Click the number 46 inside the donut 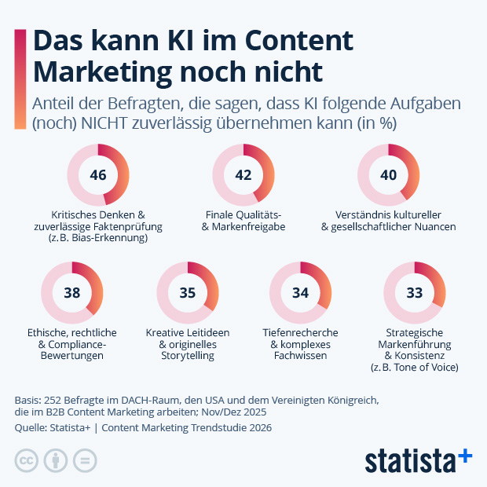tap(98, 175)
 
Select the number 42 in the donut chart tap(243, 175)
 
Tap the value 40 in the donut tap(388, 175)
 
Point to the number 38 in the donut tap(71, 293)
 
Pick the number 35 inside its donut tap(187, 293)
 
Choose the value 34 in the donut tap(300, 293)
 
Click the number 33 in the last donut tap(414, 293)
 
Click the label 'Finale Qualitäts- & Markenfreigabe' tap(243, 221)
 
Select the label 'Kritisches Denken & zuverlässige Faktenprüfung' tap(98, 226)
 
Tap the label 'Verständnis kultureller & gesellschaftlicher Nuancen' tap(388, 221)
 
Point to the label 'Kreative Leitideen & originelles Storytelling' tap(187, 344)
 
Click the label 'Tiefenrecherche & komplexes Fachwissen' tap(300, 344)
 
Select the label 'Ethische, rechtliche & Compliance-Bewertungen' tap(71, 344)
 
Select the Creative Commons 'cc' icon tap(27, 460)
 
